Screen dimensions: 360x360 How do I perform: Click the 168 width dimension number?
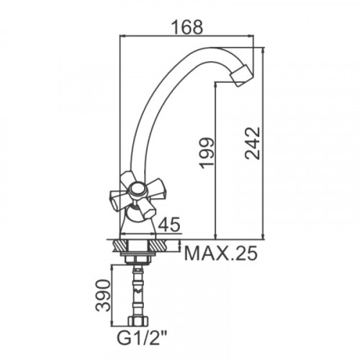(x=188, y=27)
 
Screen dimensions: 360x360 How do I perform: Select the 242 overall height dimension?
(x=253, y=143)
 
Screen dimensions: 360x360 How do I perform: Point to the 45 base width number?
(x=169, y=225)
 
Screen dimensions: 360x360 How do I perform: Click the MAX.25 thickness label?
(x=220, y=253)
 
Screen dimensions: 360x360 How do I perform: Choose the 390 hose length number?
(x=104, y=295)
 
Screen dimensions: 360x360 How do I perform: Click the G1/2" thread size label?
(x=142, y=338)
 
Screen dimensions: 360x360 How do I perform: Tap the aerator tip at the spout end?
(x=241, y=76)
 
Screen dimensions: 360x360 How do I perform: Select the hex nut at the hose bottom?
(x=138, y=321)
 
